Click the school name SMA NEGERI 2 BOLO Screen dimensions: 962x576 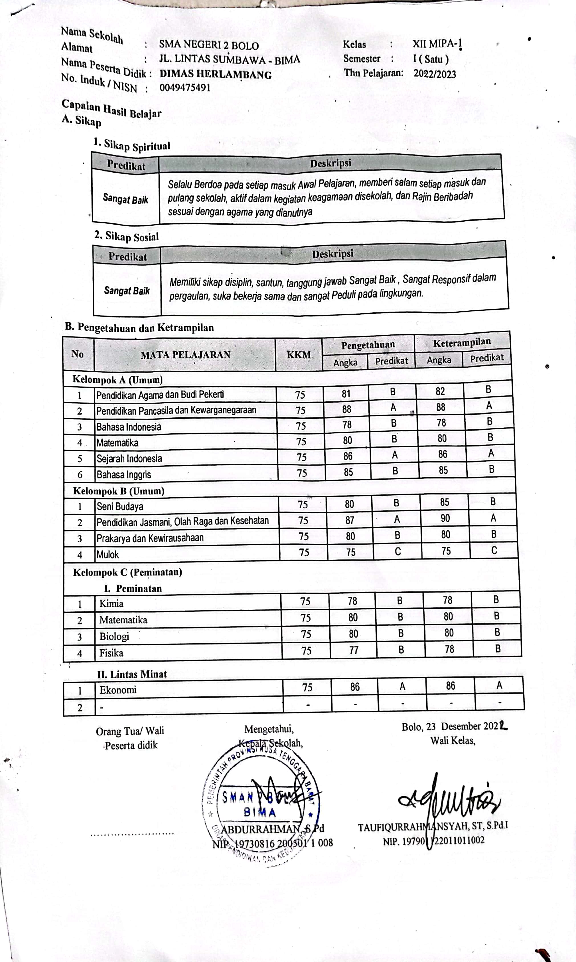209,45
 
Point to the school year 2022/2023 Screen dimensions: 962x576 434,74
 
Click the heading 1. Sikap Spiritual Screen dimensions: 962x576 132,145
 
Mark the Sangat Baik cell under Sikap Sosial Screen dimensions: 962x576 127,290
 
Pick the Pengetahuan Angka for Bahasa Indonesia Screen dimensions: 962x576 347,425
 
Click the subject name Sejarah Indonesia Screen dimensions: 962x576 129,458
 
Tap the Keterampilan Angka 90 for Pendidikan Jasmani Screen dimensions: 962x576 445,518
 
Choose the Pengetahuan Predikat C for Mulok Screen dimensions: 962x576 398,551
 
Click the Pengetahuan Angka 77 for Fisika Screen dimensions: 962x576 354,650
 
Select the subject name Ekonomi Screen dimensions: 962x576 118,690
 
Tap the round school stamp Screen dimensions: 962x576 261,805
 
